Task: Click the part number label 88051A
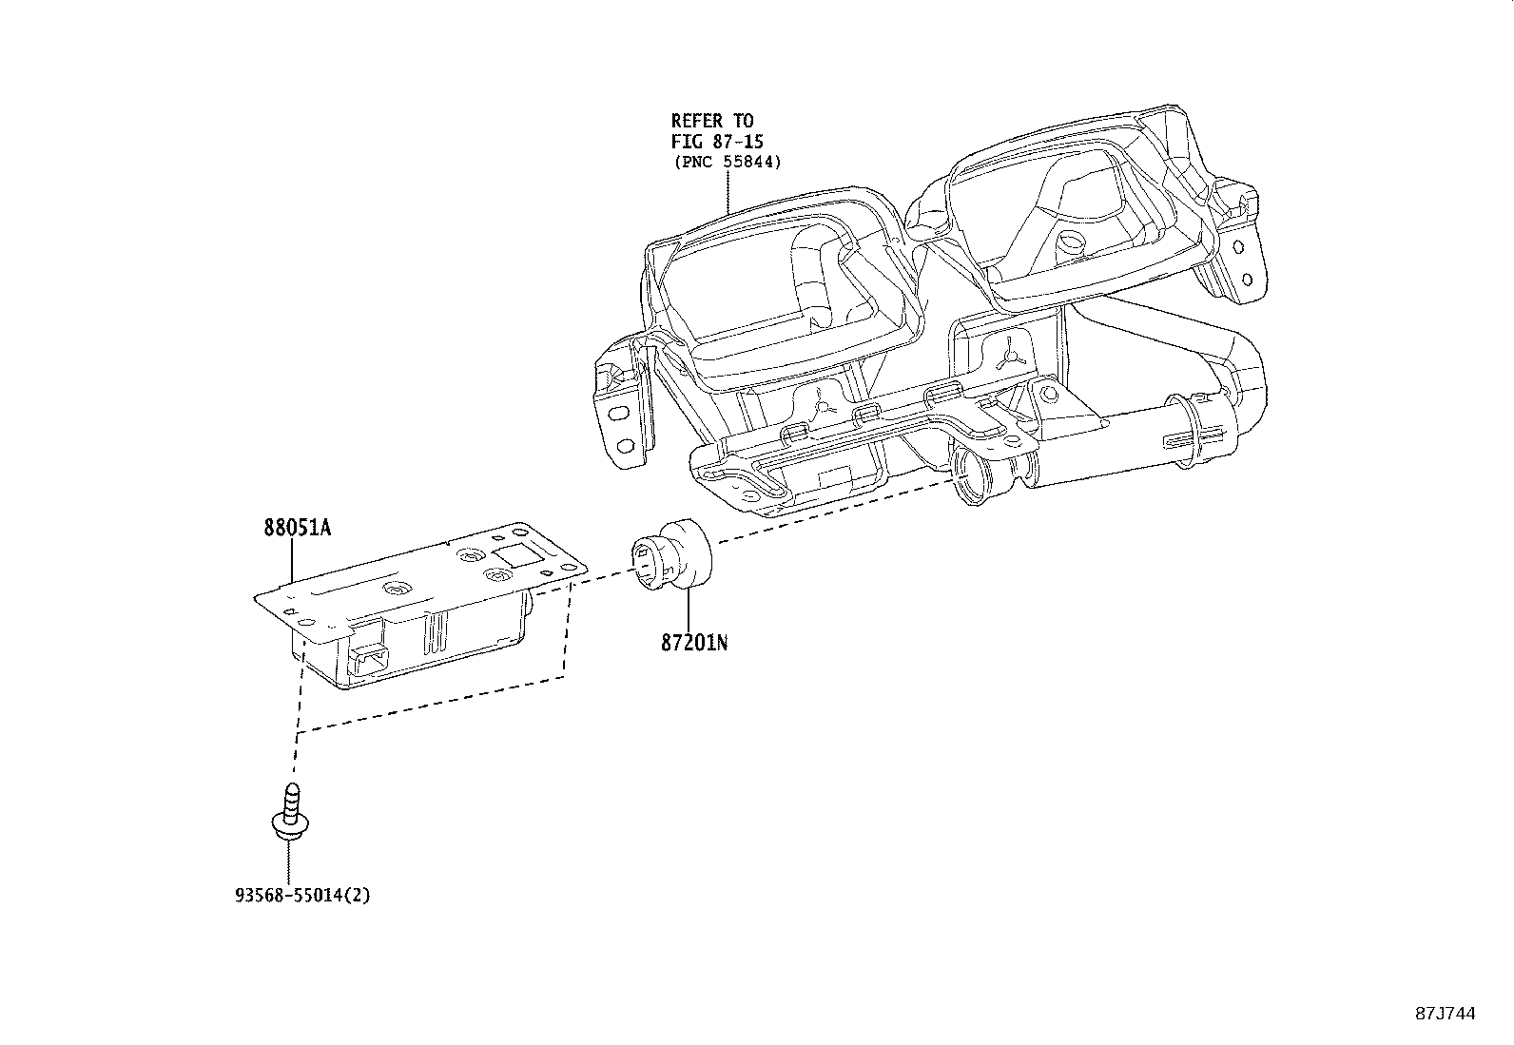coord(298,529)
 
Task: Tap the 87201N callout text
coord(694,643)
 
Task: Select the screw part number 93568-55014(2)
coord(301,895)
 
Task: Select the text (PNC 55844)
coord(727,162)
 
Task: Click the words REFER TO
coord(711,121)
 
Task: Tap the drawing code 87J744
coord(1445,1014)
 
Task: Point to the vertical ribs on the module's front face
coord(434,630)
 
